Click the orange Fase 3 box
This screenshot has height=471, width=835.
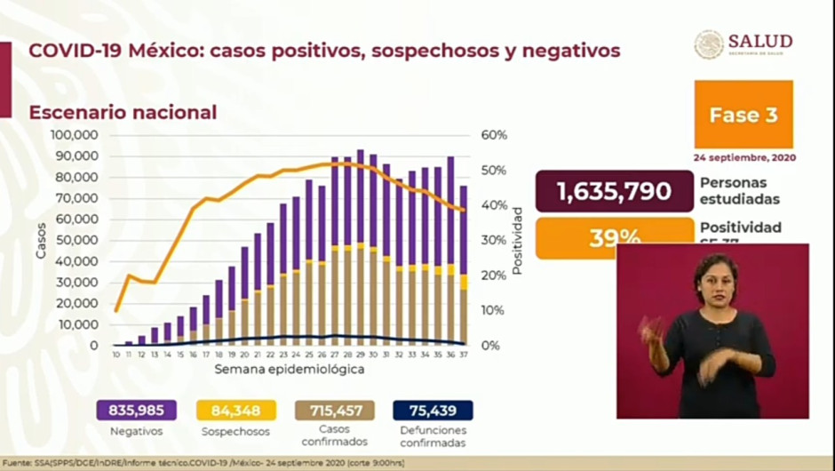pyautogui.click(x=744, y=115)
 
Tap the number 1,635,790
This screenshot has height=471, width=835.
pyautogui.click(x=614, y=191)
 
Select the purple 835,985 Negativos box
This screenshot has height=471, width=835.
pyautogui.click(x=137, y=410)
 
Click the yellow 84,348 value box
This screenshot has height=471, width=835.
pyautogui.click(x=236, y=410)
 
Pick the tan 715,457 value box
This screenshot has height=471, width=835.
pyautogui.click(x=335, y=410)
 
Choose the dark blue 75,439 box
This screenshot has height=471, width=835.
pyautogui.click(x=433, y=410)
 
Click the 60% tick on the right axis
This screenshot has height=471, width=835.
pyautogui.click(x=495, y=135)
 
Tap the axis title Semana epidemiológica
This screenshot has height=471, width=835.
pyautogui.click(x=290, y=369)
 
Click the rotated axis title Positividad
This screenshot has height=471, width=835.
pyautogui.click(x=518, y=240)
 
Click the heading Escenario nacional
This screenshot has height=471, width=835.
pyautogui.click(x=123, y=113)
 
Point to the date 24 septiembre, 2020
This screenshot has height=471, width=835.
pyautogui.click(x=744, y=157)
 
